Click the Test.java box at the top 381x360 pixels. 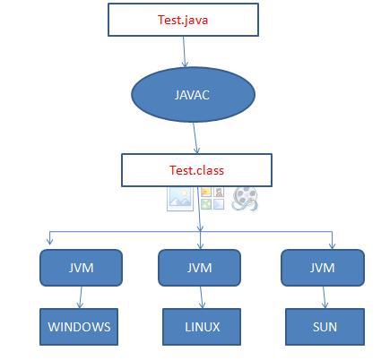pos(183,20)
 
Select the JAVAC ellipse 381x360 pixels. pos(193,94)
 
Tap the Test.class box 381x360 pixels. pos(196,170)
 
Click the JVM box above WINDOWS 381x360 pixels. pos(81,268)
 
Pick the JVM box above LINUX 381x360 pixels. pos(199,268)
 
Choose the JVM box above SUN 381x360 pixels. pos(323,268)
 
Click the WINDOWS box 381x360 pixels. pos(79,327)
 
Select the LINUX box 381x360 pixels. pos(202,327)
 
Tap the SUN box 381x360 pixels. pos(325,327)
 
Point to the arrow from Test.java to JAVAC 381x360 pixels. pos(185,52)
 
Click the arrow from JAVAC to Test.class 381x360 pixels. pos(195,138)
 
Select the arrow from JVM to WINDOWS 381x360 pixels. pos(81,297)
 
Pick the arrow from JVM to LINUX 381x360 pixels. pos(202,297)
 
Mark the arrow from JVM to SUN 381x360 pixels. pos(325,297)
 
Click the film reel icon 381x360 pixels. pos(245,198)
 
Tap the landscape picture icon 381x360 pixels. pos(180,199)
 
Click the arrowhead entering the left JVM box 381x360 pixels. pos(50,241)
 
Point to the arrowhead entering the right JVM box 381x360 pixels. pos(332,245)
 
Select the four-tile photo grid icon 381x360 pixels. pos(212,198)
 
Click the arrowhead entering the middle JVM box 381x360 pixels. pos(201,245)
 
